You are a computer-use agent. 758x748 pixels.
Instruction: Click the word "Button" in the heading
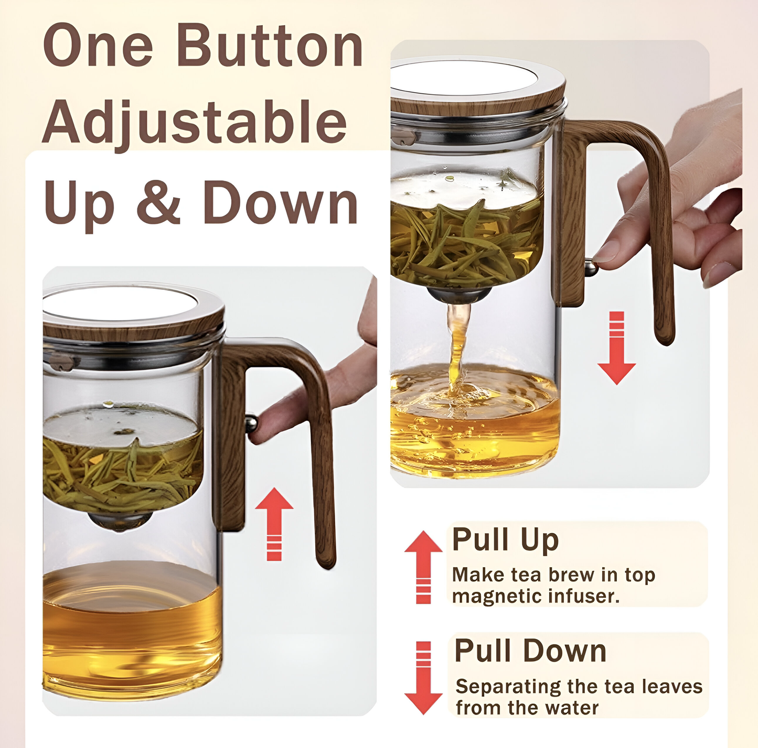tap(270, 45)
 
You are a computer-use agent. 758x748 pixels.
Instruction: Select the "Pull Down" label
tap(530, 651)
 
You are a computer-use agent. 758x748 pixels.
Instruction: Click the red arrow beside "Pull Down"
tap(423, 678)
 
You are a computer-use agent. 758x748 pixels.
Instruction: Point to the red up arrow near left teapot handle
tap(274, 524)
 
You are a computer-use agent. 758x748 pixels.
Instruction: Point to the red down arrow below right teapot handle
tap(616, 348)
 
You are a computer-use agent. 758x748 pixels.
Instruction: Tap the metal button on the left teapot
tap(251, 425)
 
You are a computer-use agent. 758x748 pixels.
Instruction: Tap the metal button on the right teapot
tap(591, 268)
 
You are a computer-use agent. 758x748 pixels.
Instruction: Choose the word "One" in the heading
tap(98, 46)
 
